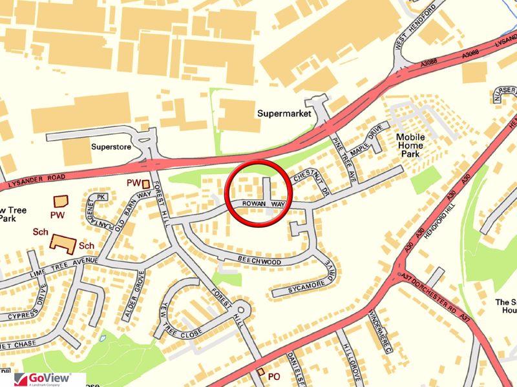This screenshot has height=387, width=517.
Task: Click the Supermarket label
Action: tap(284, 114)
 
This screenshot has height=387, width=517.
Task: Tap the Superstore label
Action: tap(111, 147)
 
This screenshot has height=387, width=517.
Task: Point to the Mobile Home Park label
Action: tap(410, 146)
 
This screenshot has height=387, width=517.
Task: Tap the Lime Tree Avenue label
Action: tap(64, 266)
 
